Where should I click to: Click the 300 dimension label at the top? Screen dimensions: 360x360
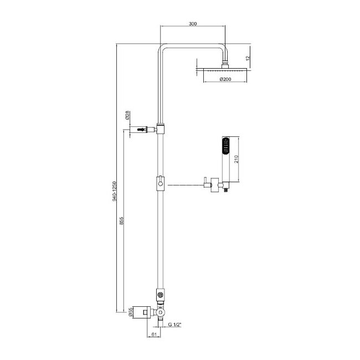click(x=192, y=24)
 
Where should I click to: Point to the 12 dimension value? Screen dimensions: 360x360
click(x=249, y=58)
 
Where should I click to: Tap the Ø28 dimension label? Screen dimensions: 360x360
click(x=127, y=116)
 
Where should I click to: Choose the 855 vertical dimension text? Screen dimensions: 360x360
click(x=121, y=220)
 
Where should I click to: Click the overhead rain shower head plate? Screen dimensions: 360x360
click(x=225, y=70)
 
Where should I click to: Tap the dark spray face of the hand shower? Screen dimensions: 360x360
click(x=225, y=147)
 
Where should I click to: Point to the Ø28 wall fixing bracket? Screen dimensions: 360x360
click(x=141, y=129)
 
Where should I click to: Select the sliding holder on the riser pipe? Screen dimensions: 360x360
click(x=160, y=183)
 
